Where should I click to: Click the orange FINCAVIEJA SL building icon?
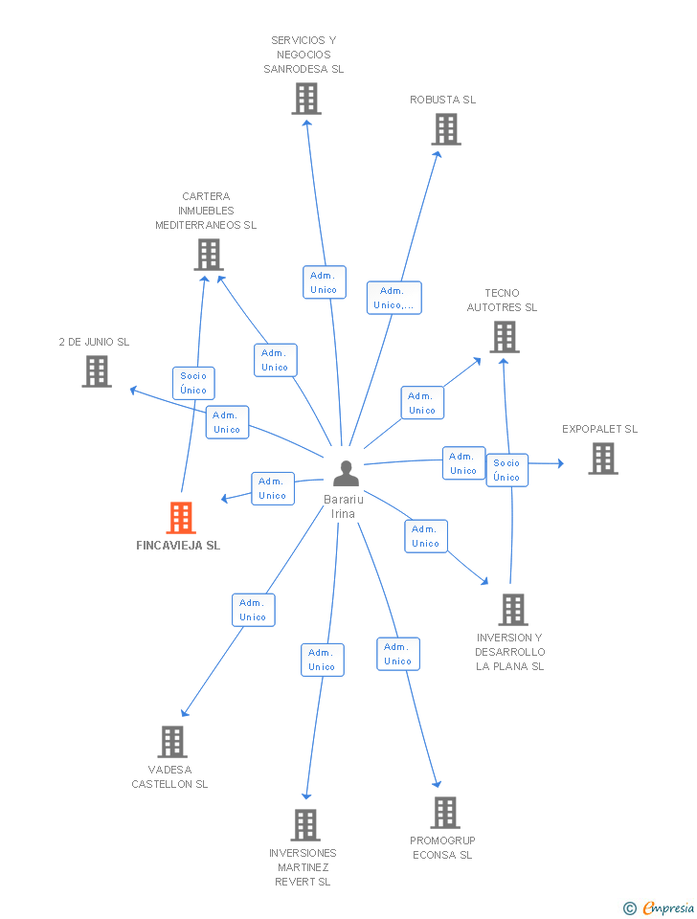pos(181,518)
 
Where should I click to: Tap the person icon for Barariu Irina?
pos(346,473)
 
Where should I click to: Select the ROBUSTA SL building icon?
pos(446,129)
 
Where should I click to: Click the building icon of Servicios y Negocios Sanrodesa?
pos(306,99)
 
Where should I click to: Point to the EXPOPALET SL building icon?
pos(602,459)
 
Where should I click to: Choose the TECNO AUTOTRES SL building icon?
pos(505,337)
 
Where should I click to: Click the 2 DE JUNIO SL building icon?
pos(97,371)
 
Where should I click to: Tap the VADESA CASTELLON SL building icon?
pos(171,741)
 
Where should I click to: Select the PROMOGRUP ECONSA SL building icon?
pos(445,812)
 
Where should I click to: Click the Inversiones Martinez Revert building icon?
pos(305,824)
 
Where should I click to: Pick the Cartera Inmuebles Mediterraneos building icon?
pos(208,255)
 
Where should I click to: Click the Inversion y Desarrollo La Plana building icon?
pos(513,610)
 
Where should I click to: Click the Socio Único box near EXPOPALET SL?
pos(506,470)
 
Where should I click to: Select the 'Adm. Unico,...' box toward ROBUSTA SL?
pos(394,298)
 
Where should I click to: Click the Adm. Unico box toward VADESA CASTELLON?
pos(253,610)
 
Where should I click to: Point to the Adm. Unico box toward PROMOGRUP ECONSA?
pos(397,654)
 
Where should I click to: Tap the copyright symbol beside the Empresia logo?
pos(629,908)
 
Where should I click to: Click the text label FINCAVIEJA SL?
pos(178,546)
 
